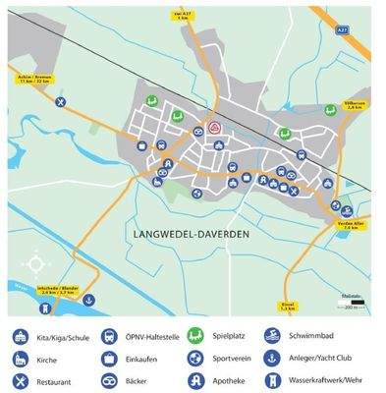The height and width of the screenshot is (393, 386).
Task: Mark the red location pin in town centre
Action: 215,129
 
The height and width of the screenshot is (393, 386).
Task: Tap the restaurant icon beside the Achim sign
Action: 61,101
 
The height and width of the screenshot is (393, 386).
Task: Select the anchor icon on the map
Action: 87,299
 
